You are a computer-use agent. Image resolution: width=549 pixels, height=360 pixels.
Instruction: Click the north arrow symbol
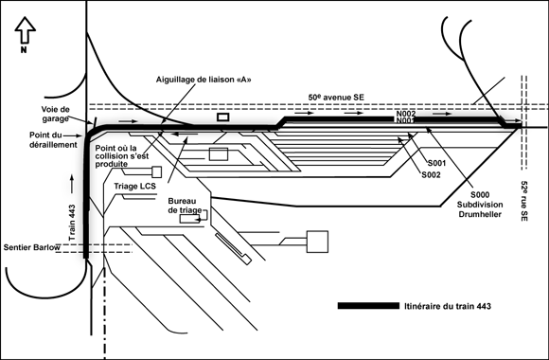[25, 30]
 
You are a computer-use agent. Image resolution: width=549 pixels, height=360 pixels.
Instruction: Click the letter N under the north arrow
[24, 50]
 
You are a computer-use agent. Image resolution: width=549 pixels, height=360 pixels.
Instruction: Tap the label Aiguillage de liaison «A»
[204, 80]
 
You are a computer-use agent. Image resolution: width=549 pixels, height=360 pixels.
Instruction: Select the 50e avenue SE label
[336, 97]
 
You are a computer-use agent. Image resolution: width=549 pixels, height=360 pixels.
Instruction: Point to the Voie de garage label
[55, 114]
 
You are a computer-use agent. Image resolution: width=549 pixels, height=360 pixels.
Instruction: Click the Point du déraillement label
[53, 140]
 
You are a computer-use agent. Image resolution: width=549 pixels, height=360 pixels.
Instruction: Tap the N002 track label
[406, 114]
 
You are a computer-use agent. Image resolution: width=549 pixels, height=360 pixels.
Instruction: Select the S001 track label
[436, 163]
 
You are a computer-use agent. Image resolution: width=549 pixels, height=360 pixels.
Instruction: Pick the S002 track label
[431, 174]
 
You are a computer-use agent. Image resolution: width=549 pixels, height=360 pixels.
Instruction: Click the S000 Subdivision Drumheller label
[480, 205]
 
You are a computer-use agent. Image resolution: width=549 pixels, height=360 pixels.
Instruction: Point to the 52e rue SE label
[524, 201]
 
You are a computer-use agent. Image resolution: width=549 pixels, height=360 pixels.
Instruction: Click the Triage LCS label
[134, 186]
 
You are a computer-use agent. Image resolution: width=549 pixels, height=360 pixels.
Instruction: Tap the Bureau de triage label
[185, 206]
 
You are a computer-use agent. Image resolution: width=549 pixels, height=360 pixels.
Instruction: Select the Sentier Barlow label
[32, 247]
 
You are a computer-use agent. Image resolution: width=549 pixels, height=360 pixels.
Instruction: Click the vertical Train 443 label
[72, 223]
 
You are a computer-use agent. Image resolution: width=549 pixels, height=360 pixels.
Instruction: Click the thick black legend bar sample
[368, 306]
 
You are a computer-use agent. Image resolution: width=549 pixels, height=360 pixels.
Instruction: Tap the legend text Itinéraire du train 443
[448, 306]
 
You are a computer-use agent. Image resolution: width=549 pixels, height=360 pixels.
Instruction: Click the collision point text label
[121, 156]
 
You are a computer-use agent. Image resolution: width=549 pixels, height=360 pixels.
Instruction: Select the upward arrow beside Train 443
[72, 184]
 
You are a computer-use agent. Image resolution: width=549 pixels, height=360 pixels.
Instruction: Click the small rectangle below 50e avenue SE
[223, 117]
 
